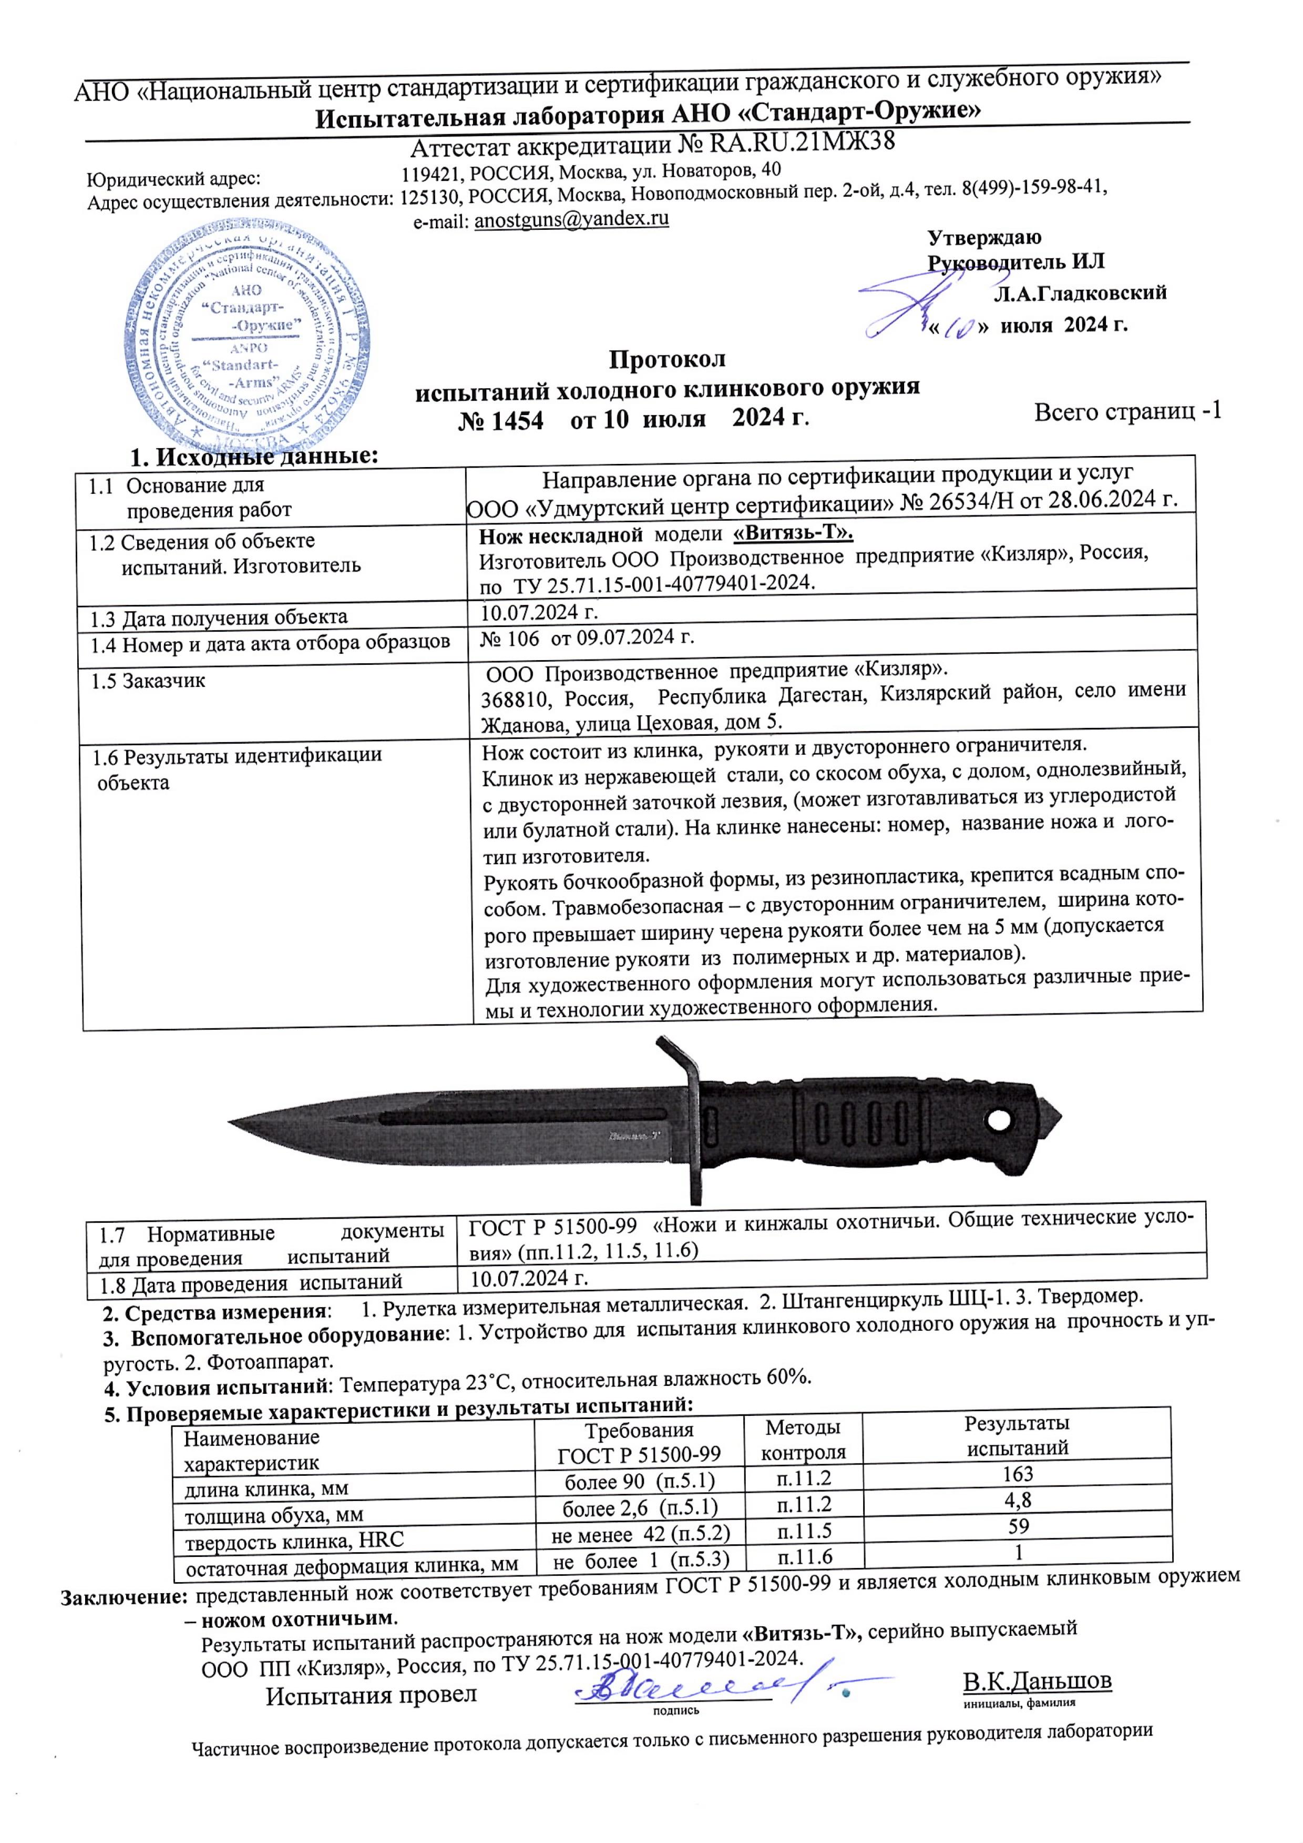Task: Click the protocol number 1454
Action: click(501, 421)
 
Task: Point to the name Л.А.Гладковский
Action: click(1080, 294)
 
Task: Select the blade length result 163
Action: click(1018, 1474)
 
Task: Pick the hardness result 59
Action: click(1018, 1525)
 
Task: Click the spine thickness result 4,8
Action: click(1018, 1500)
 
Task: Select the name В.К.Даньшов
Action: click(1037, 1680)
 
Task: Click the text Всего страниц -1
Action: click(1127, 412)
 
